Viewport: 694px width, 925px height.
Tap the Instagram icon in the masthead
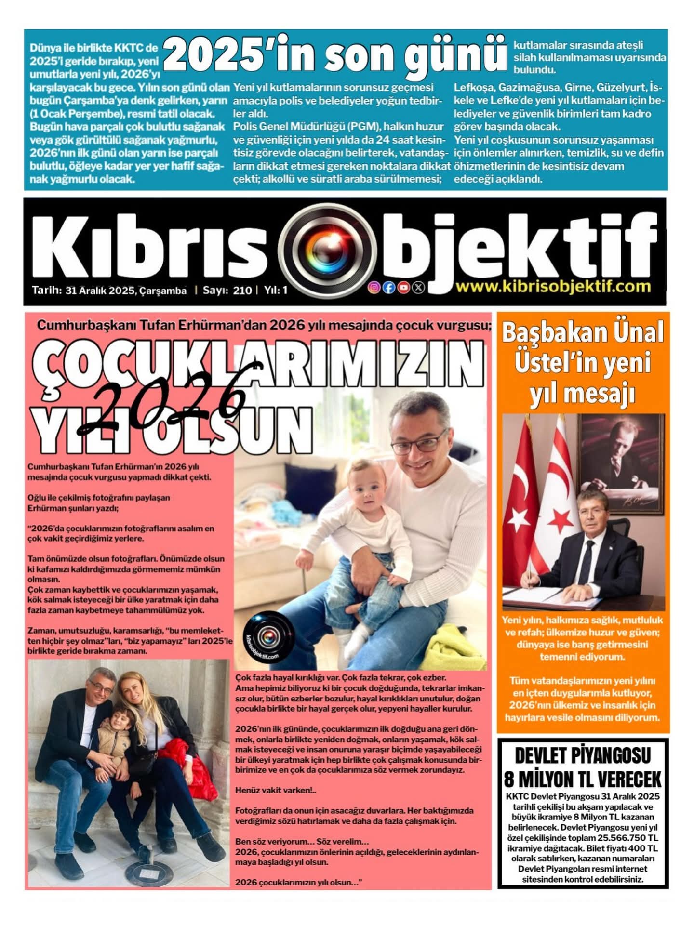coord(374,288)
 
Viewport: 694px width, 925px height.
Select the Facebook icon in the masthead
coord(389,288)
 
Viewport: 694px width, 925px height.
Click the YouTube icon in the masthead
coord(404,288)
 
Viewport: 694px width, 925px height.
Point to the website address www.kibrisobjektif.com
coord(553,286)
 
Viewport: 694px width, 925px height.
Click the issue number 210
coord(242,291)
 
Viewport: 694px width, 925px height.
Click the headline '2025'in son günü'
coord(335,57)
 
